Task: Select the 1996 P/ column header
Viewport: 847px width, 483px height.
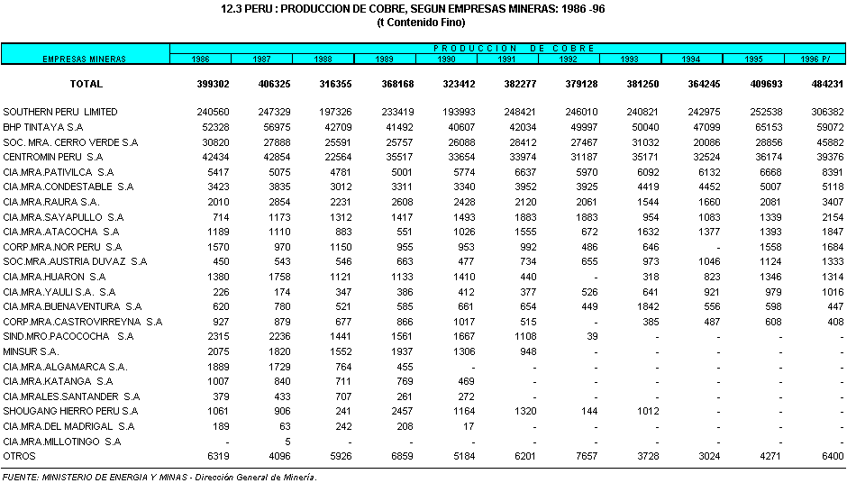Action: coord(814,59)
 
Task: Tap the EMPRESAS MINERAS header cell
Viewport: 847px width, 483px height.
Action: coord(85,59)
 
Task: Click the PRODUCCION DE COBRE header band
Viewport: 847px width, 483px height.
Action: coord(507,48)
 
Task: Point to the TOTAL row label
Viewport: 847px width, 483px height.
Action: coord(87,84)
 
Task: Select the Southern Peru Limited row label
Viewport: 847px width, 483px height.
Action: coord(60,112)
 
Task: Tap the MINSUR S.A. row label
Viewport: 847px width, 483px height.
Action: coord(31,351)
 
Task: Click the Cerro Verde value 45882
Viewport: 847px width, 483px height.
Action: coord(827,142)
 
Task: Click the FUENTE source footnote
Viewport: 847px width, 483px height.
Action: coord(159,476)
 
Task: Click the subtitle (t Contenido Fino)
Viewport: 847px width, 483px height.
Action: coord(423,23)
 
